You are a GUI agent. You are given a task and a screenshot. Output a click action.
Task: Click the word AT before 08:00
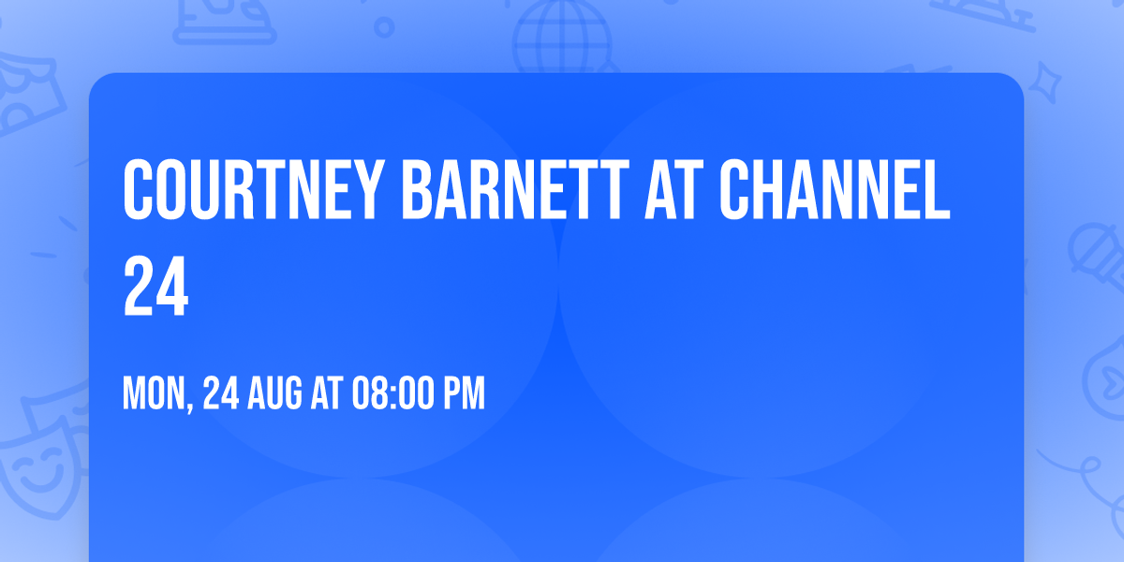tap(327, 394)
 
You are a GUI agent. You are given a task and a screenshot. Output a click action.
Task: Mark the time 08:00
tap(392, 394)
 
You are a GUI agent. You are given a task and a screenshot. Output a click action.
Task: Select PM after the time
tap(464, 394)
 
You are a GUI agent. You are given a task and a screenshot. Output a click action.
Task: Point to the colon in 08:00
tap(391, 395)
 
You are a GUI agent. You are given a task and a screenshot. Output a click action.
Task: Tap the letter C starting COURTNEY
tap(140, 191)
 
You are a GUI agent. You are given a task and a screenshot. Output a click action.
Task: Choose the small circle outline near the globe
tap(384, 28)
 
